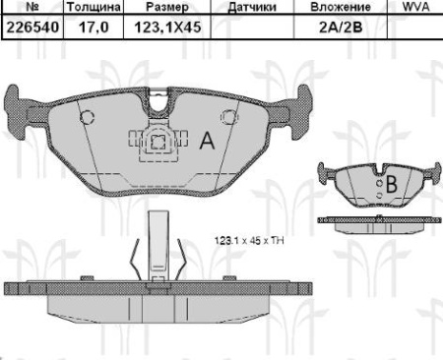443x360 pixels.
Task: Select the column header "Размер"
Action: point(159,8)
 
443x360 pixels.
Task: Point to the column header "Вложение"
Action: point(332,8)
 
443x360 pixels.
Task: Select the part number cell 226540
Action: point(30,29)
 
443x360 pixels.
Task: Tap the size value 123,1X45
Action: point(161,29)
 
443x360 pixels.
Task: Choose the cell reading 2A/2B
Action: point(332,29)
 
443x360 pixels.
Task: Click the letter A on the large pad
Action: point(208,141)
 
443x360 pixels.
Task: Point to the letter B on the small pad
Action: point(390,184)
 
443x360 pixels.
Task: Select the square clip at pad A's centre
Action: point(159,143)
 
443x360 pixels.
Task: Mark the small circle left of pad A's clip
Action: point(87,118)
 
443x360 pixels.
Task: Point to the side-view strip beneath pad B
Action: point(379,224)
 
